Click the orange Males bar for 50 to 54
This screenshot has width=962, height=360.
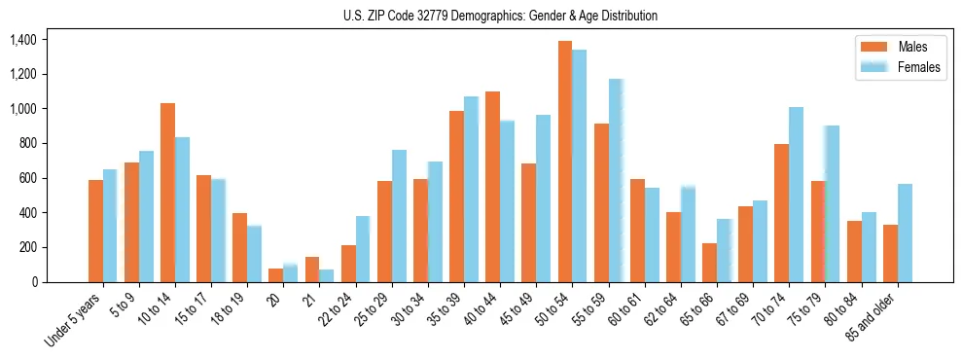point(565,162)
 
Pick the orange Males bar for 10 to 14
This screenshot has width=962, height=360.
point(167,193)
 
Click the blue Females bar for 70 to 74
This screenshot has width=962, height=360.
point(796,195)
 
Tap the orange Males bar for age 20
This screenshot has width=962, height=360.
point(276,275)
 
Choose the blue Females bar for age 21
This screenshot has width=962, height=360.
point(326,275)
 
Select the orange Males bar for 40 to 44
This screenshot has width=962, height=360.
point(492,187)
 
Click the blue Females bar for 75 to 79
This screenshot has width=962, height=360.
point(832,203)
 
